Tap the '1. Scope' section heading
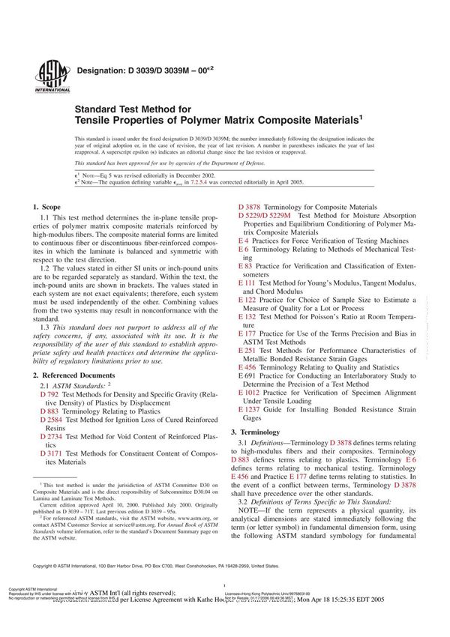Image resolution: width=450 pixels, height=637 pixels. (x=48, y=206)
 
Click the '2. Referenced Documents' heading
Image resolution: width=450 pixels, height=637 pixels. (x=74, y=374)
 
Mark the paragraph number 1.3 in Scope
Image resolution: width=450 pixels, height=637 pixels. (x=45, y=307)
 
